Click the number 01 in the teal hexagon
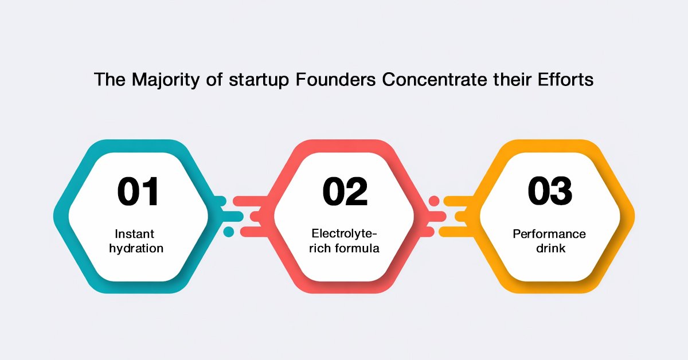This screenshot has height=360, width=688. pyautogui.click(x=138, y=191)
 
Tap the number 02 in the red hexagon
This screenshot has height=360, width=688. pyautogui.click(x=345, y=191)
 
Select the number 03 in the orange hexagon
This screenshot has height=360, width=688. pyautogui.click(x=550, y=190)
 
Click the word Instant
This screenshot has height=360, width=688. pyautogui.click(x=134, y=234)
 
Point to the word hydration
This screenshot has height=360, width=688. pyautogui.click(x=136, y=248)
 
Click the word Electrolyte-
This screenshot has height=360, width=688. pyautogui.click(x=344, y=234)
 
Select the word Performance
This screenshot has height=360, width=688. pyautogui.click(x=549, y=234)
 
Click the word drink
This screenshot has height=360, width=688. pyautogui.click(x=551, y=248)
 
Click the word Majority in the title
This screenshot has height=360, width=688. pyautogui.click(x=166, y=80)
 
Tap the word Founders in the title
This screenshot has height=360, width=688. pyautogui.click(x=336, y=79)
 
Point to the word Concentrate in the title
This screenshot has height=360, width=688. pyautogui.click(x=435, y=80)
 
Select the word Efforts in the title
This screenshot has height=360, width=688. pyautogui.click(x=565, y=79)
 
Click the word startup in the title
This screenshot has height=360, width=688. pyautogui.click(x=259, y=80)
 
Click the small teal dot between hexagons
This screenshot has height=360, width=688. pyautogui.click(x=229, y=232)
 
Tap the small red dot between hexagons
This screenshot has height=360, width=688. pyautogui.click(x=434, y=201)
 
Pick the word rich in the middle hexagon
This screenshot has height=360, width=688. pyautogui.click(x=320, y=248)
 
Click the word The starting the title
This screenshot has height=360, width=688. pyautogui.click(x=110, y=79)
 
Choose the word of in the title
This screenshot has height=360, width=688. pyautogui.click(x=214, y=79)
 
